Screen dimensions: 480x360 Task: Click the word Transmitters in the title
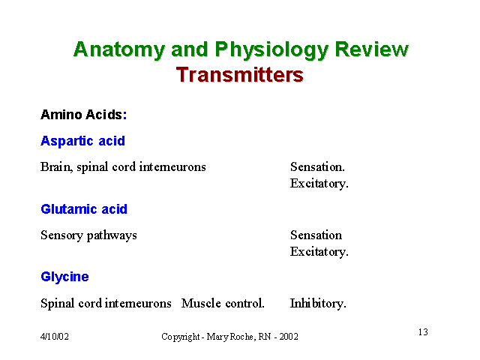(x=240, y=75)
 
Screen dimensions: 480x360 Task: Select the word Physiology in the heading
(x=271, y=50)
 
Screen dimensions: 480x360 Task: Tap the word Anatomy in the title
(x=119, y=50)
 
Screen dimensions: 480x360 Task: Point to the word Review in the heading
(x=372, y=49)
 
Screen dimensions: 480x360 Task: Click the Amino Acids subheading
(x=83, y=115)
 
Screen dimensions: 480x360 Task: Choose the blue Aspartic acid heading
(x=82, y=141)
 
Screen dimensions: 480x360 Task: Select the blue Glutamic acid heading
(x=84, y=209)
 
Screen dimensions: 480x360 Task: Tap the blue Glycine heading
(x=64, y=277)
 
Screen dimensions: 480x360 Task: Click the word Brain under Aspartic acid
(x=56, y=167)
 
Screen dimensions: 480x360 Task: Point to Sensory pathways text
(x=88, y=235)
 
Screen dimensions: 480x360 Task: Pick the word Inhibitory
(x=318, y=304)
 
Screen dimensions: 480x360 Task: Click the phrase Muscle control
(x=223, y=303)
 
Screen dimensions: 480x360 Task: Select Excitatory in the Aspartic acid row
(x=319, y=184)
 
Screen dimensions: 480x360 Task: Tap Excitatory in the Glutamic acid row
(x=319, y=252)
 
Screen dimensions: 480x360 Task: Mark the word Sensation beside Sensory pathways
(x=316, y=235)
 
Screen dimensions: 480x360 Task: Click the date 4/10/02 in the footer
(x=55, y=337)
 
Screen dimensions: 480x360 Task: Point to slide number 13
(x=423, y=332)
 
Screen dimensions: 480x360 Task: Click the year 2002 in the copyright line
(x=289, y=337)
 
